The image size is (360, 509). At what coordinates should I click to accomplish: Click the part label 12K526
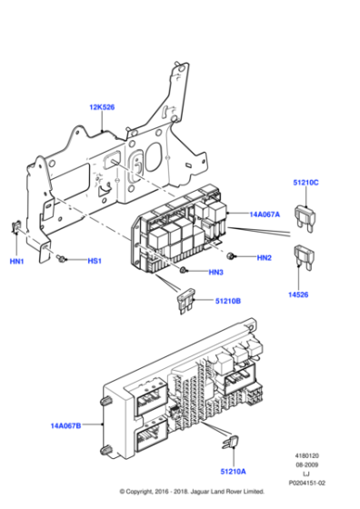coord(102,108)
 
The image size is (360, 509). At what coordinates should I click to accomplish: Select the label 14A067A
coord(265,215)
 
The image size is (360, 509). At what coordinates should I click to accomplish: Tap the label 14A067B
coord(65,424)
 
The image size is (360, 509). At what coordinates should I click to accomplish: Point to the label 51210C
coord(305,183)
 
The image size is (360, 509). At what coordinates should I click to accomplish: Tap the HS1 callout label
coord(95,261)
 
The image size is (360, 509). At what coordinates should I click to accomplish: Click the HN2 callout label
coord(264,258)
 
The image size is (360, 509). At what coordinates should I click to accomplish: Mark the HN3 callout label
coord(215,272)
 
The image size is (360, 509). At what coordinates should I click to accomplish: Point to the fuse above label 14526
coord(302,261)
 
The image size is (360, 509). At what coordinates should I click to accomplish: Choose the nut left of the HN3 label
coord(185,271)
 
